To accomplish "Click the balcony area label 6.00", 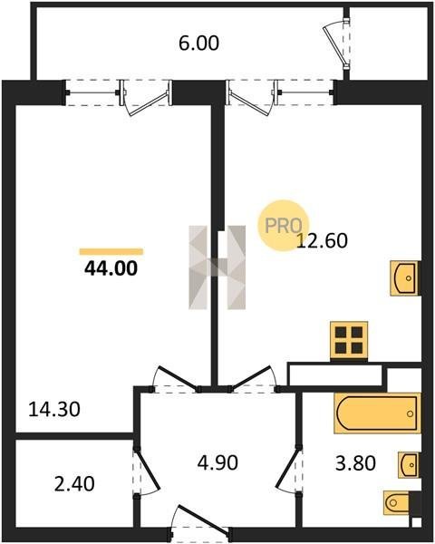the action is [x=198, y=44].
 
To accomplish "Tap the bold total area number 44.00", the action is [x=111, y=268].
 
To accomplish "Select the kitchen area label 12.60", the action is [x=323, y=240].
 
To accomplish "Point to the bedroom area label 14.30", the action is [x=54, y=409].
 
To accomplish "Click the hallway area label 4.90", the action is [x=217, y=462].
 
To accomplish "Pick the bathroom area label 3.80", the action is [x=355, y=463].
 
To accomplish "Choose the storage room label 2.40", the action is [x=74, y=483].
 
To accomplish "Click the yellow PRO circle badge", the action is [x=283, y=226].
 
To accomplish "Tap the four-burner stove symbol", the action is [x=349, y=340].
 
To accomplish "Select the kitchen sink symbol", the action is [x=405, y=278].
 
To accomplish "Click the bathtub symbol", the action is [x=377, y=413].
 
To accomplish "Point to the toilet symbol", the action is [x=398, y=502].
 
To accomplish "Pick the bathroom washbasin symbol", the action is [x=409, y=465].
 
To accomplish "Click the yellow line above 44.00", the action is [x=111, y=251].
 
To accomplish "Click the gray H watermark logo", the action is [x=217, y=267].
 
